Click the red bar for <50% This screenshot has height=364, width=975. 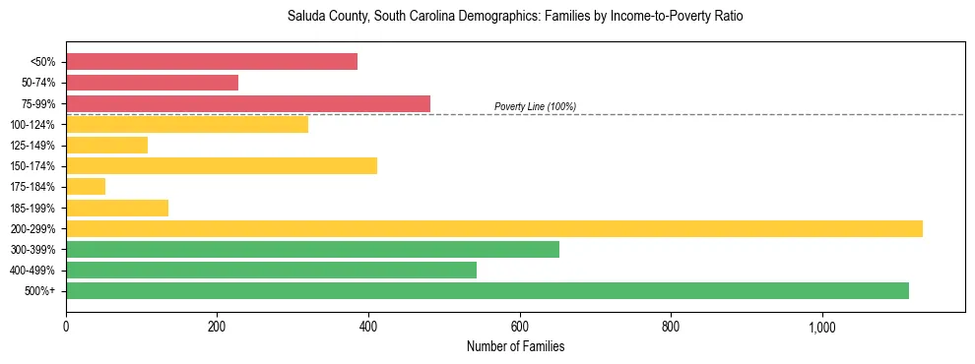pyautogui.click(x=212, y=62)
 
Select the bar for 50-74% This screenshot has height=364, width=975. pyautogui.click(x=153, y=83)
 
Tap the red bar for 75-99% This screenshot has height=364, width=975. pyautogui.click(x=248, y=103)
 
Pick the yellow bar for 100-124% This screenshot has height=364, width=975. pyautogui.click(x=187, y=124)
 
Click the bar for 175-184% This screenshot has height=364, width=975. pyautogui.click(x=86, y=187)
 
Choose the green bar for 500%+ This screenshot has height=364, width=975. pyautogui.click(x=487, y=290)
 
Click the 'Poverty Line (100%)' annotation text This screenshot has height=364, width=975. pyautogui.click(x=535, y=106)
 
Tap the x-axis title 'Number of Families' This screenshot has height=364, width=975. pyautogui.click(x=515, y=346)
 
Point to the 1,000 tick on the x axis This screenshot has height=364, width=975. pyautogui.click(x=821, y=327)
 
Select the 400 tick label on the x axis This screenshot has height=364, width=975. pyautogui.click(x=368, y=327)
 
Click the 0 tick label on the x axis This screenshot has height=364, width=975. pyautogui.click(x=66, y=327)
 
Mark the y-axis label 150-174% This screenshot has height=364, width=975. pyautogui.click(x=32, y=166)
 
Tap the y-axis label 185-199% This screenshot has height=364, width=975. pyautogui.click(x=32, y=208)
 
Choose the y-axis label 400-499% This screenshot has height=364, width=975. pyautogui.click(x=32, y=271)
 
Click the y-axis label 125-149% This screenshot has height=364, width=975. pyautogui.click(x=32, y=146)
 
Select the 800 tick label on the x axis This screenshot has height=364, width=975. pyautogui.click(x=671, y=327)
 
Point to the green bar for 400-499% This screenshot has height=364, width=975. pyautogui.click(x=271, y=270)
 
